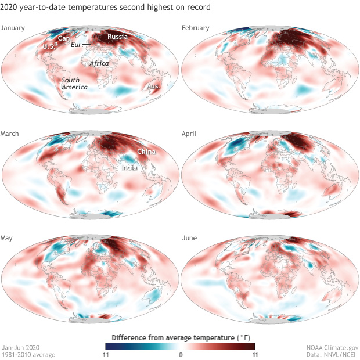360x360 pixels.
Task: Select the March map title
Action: click(x=11, y=134)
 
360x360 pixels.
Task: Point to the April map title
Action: click(x=192, y=134)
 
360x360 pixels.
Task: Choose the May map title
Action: click(x=9, y=239)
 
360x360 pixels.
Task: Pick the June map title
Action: click(x=191, y=239)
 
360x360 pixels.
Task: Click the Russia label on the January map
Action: click(x=118, y=37)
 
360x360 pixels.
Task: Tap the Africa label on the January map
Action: click(x=99, y=63)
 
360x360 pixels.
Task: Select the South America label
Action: click(x=75, y=83)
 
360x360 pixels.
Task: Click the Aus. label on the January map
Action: click(x=154, y=86)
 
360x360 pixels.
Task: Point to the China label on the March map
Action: click(x=146, y=152)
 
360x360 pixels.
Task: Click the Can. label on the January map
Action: click(x=64, y=38)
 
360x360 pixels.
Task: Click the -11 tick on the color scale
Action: click(x=102, y=354)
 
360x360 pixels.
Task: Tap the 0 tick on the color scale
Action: click(x=181, y=354)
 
